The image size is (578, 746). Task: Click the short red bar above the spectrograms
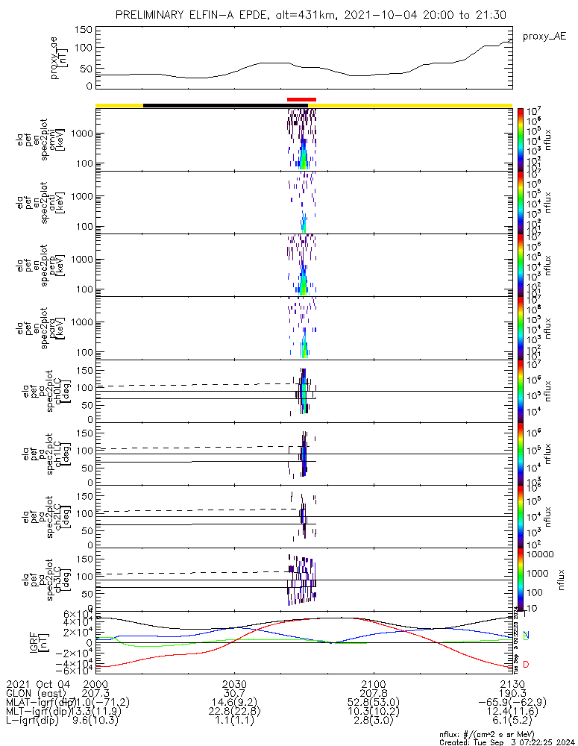(x=301, y=98)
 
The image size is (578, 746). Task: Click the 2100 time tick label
(x=373, y=684)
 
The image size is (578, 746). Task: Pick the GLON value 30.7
(x=234, y=693)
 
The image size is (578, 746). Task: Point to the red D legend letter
(x=526, y=665)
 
